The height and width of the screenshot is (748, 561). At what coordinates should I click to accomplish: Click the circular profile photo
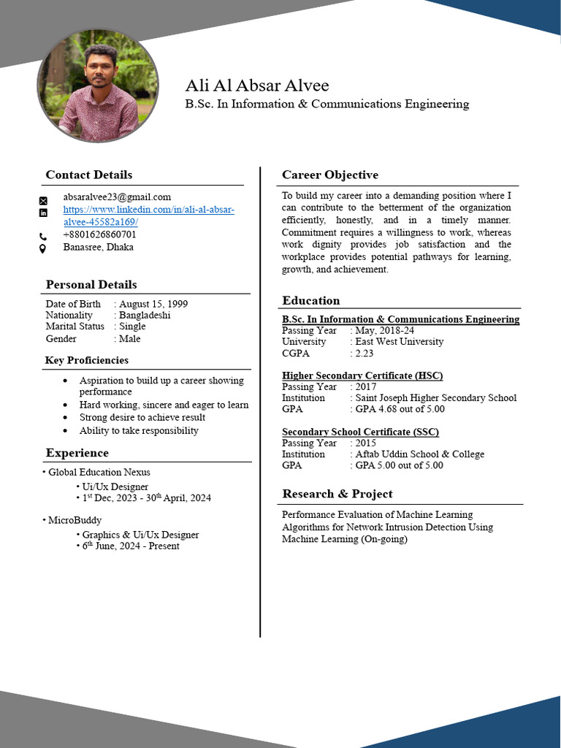pos(98,85)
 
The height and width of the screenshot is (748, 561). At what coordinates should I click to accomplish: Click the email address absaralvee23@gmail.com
pos(117,196)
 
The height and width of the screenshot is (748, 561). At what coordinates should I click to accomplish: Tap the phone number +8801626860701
pos(99,234)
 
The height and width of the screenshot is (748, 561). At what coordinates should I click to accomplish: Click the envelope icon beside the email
pos(43,200)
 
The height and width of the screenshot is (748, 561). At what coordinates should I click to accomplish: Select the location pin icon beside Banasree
pos(43,248)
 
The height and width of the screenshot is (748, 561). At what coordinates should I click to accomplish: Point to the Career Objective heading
pos(330,175)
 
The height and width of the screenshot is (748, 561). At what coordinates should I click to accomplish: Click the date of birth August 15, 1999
pos(153,304)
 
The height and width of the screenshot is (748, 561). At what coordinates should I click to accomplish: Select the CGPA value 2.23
pos(364,353)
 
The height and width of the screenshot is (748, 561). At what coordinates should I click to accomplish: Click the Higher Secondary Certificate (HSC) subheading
pos(362,375)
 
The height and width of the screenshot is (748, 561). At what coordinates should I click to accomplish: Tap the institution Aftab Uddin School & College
pos(419,454)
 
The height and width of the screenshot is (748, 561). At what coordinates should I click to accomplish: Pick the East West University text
pos(399,341)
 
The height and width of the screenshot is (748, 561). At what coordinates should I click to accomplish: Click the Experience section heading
pos(77,453)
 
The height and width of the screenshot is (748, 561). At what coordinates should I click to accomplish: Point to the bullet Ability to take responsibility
pos(139,430)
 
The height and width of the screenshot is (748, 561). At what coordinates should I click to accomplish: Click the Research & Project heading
pos(337,494)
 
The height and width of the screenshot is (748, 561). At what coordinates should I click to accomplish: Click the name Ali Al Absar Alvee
pos(257,85)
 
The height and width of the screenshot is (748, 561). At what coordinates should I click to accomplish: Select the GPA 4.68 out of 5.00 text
pos(400,409)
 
